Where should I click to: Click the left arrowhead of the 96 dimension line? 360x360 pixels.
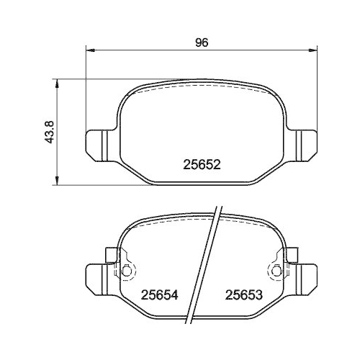click(x=91, y=50)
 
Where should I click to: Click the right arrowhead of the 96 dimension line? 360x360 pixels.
click(x=312, y=50)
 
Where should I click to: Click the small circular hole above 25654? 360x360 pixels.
click(x=127, y=271)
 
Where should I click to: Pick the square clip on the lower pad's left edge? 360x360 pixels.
click(x=111, y=254)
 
